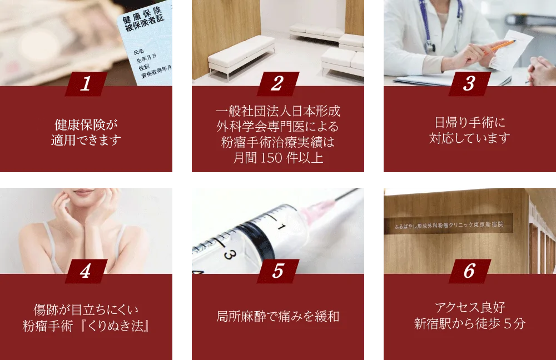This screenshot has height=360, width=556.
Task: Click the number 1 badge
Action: click(86, 84)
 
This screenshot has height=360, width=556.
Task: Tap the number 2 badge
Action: click(277, 84)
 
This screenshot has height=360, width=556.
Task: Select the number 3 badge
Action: click(469, 84)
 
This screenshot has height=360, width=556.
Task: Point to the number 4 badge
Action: click(86, 271)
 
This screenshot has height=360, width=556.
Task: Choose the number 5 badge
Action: click(277, 271)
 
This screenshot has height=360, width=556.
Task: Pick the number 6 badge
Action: click(469, 271)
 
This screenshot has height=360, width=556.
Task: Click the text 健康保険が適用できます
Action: click(86, 132)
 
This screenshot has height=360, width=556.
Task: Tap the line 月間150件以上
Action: click(277, 158)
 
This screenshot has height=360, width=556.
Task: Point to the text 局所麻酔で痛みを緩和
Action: click(277, 317)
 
